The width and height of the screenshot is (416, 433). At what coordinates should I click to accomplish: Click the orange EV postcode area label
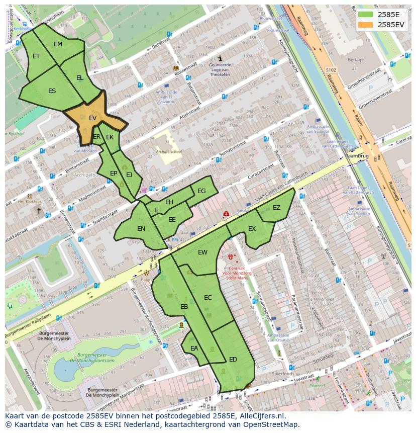click(x=92, y=118)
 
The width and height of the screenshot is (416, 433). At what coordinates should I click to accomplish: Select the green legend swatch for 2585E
click(x=366, y=15)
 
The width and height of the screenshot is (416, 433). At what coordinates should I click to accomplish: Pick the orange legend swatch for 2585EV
click(x=366, y=24)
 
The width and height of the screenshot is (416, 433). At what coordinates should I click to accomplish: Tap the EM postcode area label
click(x=58, y=44)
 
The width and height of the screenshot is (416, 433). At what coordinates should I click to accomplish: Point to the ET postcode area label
click(x=36, y=56)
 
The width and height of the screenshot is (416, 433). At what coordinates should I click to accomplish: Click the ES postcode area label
click(x=52, y=91)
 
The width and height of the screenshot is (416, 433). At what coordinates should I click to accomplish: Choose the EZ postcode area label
click(x=276, y=208)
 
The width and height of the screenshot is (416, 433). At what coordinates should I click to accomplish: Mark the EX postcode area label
click(x=252, y=229)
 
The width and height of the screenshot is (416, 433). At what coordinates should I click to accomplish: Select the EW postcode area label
click(x=202, y=252)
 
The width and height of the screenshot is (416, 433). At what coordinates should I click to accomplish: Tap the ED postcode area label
click(x=233, y=359)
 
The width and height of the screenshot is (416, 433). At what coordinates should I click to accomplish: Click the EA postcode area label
click(x=194, y=348)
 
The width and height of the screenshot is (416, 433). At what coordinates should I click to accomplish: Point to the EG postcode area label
click(x=201, y=191)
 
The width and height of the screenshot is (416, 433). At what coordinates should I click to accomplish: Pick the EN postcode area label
click(x=141, y=229)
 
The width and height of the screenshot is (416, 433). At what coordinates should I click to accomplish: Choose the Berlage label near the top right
click(x=356, y=59)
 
